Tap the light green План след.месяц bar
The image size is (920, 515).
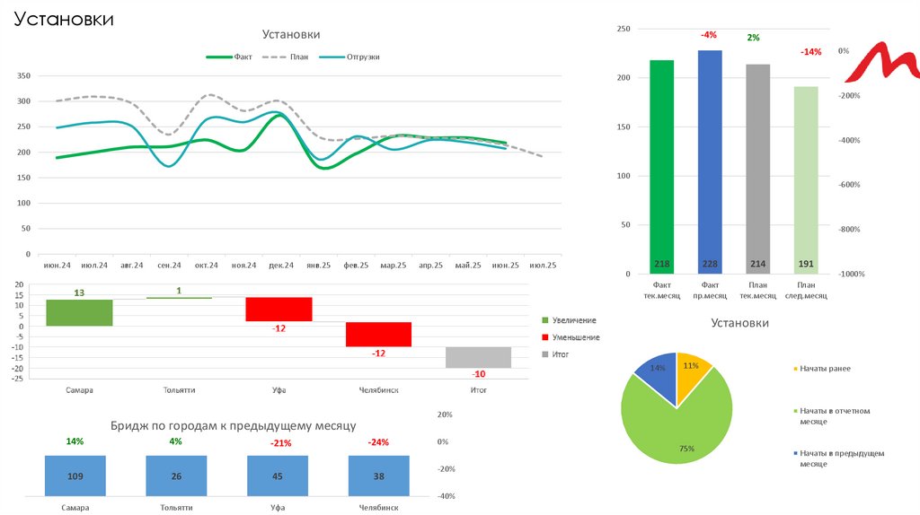pyautogui.click(x=806, y=179)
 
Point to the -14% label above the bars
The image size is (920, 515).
pyautogui.click(x=810, y=52)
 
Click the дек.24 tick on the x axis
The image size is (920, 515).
pyautogui.click(x=282, y=266)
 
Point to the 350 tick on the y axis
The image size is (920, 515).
pyautogui.click(x=24, y=76)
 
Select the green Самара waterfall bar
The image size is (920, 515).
pyautogui.click(x=79, y=312)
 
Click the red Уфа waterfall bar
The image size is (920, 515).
pyautogui.click(x=279, y=309)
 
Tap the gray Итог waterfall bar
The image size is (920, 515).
pyautogui.click(x=479, y=357)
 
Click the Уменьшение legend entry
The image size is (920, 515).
pyautogui.click(x=575, y=337)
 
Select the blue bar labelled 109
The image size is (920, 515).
pyautogui.click(x=75, y=476)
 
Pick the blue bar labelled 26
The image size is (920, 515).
pyautogui.click(x=175, y=476)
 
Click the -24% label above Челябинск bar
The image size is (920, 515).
pyautogui.click(x=378, y=442)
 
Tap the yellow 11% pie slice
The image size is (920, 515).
pyautogui.click(x=693, y=379)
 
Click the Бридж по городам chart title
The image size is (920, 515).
pyautogui.click(x=234, y=425)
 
